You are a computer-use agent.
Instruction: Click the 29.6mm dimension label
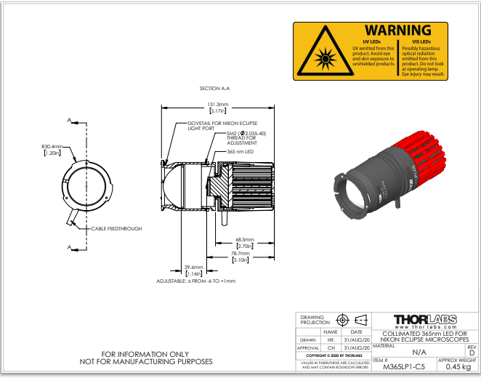click(194, 267)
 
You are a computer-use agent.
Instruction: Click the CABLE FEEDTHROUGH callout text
click(116, 228)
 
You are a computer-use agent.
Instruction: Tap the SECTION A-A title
click(215, 88)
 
